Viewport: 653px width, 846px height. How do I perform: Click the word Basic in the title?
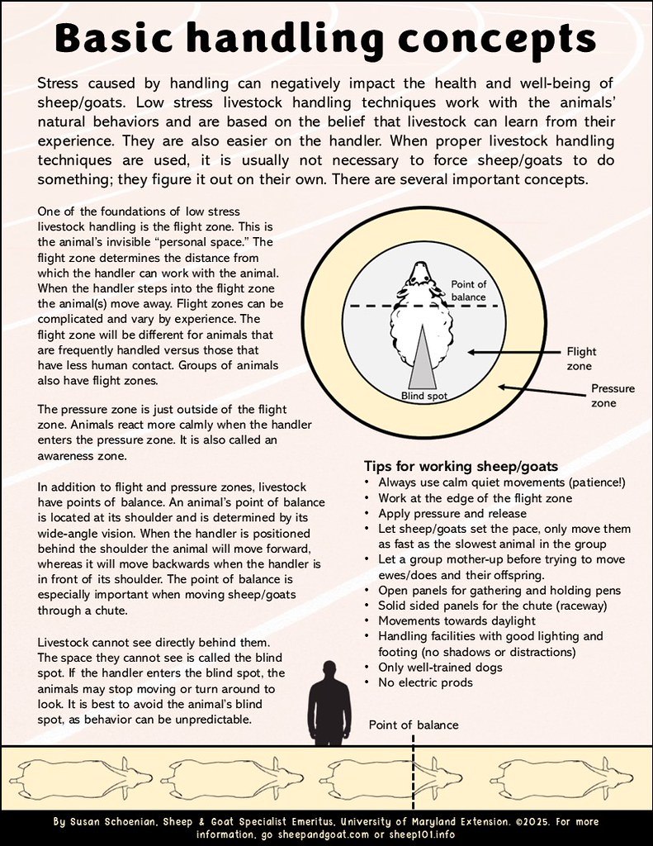131,36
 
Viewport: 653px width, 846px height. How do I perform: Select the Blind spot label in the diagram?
424,396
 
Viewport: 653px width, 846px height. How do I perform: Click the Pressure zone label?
613,394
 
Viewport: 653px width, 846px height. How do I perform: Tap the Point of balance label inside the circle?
468,290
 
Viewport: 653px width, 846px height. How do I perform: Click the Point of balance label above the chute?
413,725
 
